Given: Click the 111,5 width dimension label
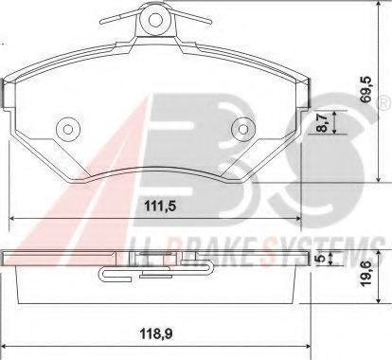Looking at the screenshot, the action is [160, 207].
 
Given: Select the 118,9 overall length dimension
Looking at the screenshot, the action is [157, 333].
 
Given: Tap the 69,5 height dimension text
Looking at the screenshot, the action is [367, 90].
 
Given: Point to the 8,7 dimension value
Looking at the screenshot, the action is [322, 123].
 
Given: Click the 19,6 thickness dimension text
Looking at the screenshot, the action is [367, 274].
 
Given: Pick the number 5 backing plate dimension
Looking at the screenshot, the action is [321, 259].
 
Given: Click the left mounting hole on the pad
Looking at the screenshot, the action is [67, 129].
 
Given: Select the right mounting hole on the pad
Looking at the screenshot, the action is [242, 129].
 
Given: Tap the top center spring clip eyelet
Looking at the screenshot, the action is [155, 20].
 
